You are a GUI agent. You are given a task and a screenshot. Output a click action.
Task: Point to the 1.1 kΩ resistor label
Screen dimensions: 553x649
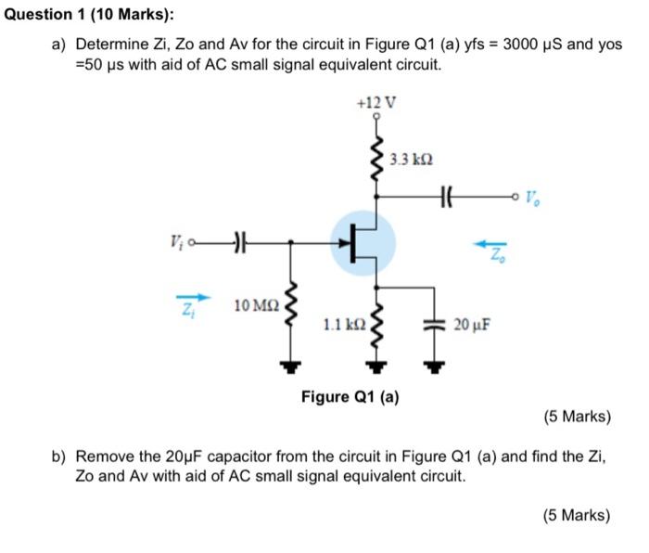coord(342,324)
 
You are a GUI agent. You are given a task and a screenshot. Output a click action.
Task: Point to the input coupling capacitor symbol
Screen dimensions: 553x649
coord(238,244)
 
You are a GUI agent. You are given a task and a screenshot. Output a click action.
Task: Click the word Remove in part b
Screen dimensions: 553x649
coord(103,457)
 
